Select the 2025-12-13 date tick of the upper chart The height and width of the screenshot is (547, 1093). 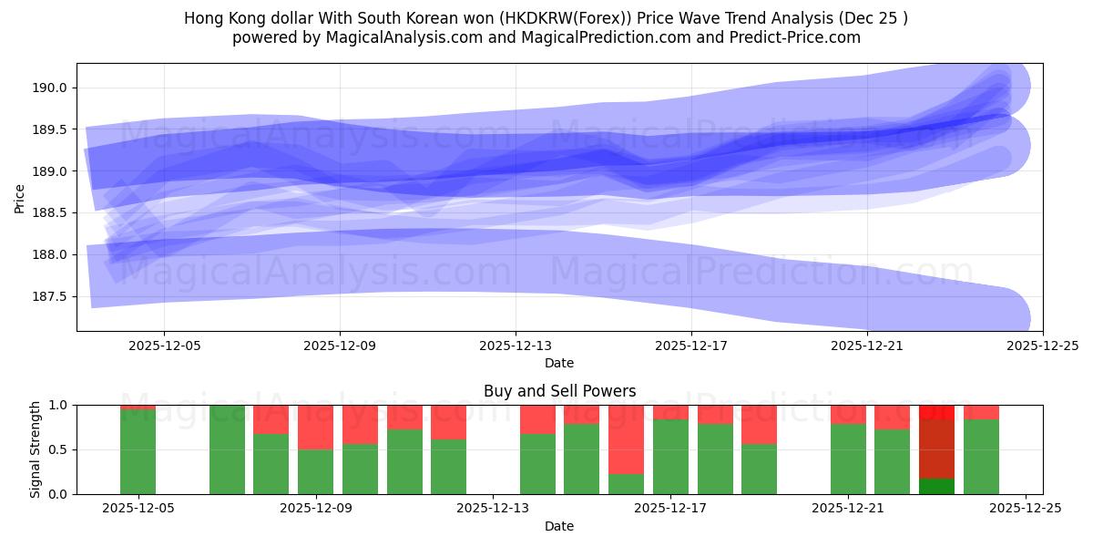coord(516,346)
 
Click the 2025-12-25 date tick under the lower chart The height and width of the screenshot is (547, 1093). coord(1027,509)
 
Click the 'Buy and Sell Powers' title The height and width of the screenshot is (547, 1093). coord(559,391)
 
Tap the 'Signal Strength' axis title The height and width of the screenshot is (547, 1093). coord(36,449)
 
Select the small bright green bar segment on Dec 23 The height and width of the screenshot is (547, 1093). coord(936,486)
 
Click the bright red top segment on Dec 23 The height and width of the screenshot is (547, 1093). coord(936,412)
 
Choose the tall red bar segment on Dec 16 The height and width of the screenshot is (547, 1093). coord(626,439)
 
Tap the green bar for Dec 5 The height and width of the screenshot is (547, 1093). coord(138,451)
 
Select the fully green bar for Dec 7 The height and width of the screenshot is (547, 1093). coord(227,449)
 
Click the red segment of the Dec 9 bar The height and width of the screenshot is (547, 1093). coord(315,428)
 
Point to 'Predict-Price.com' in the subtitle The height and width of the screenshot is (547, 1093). coord(802,37)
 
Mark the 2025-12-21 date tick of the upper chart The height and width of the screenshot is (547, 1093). coord(867,346)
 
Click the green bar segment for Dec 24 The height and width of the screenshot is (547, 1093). coord(981,457)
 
